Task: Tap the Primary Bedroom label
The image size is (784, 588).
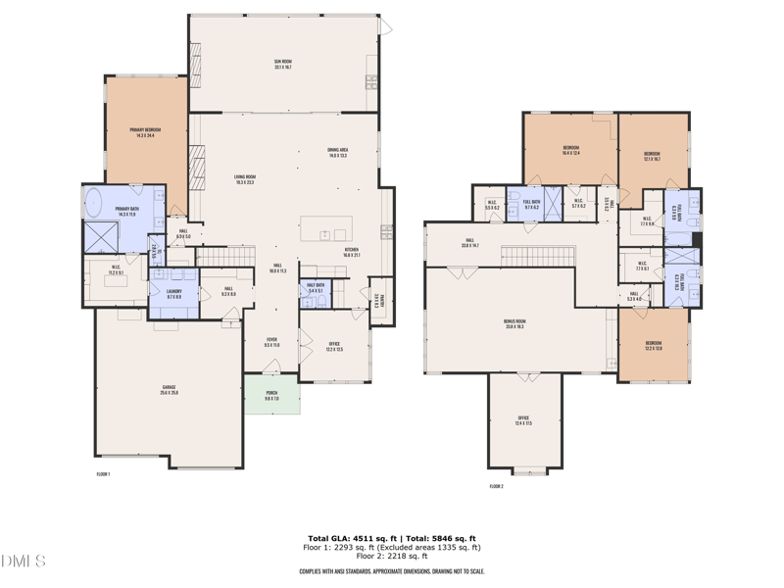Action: (145, 131)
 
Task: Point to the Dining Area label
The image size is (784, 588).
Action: (338, 152)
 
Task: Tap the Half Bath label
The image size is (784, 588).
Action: (317, 288)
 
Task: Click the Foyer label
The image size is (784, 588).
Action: (271, 342)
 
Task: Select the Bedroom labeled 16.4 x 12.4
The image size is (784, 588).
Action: (570, 150)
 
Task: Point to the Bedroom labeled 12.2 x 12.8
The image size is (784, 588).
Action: (653, 345)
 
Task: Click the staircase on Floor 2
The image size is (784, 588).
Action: (538, 257)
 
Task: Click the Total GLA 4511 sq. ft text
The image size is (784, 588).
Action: (350, 538)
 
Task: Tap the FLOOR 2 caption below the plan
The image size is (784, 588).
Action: (496, 485)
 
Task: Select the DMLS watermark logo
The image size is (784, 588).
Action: (24, 562)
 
